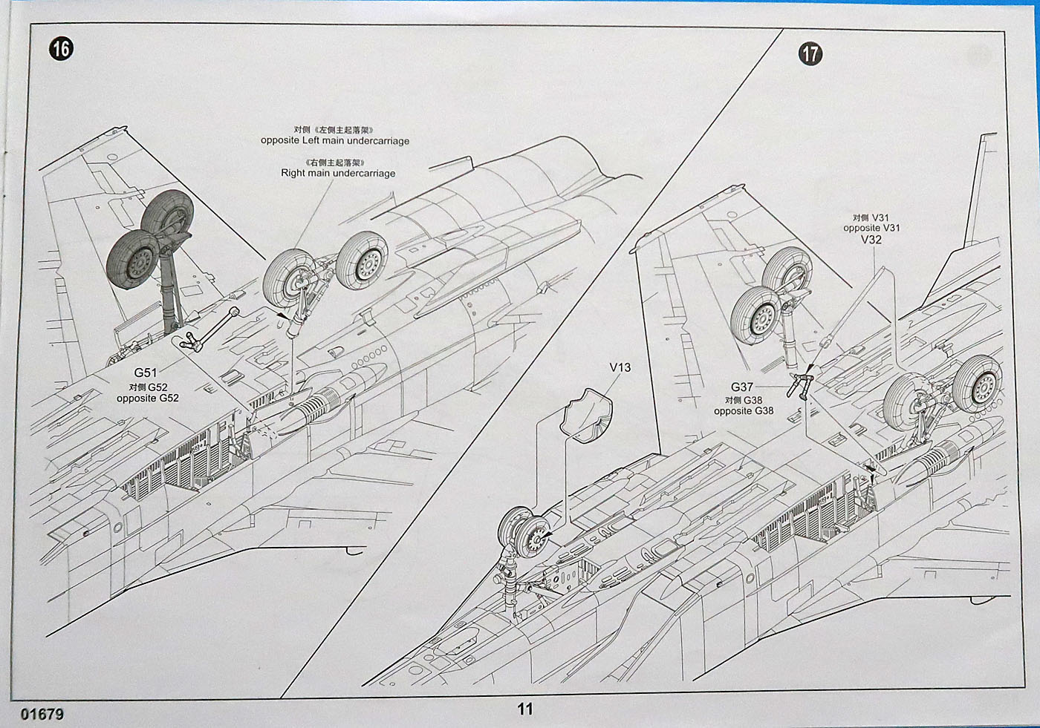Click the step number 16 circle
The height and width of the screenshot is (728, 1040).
pos(62,49)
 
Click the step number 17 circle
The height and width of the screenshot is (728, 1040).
pos(810,53)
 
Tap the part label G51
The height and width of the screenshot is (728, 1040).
pos(146,373)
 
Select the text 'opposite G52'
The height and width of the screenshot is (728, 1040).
pos(147,399)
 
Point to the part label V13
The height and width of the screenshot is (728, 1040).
pos(620,367)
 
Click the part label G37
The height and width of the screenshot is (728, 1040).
pos(741,387)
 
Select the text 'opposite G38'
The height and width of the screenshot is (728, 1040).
pos(744,411)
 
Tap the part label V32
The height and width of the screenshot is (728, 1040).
pos(871,240)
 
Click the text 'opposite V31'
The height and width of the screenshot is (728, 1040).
pos(871,228)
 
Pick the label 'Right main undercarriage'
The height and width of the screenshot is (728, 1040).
pos(338,173)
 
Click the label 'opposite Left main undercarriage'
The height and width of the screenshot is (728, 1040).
pos(334,140)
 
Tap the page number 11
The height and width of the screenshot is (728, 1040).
pos(524,709)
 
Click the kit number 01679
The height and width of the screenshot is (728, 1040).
pos(42,714)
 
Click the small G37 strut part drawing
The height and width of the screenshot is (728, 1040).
pos(802,385)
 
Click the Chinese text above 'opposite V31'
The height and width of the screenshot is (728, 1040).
pos(871,217)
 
